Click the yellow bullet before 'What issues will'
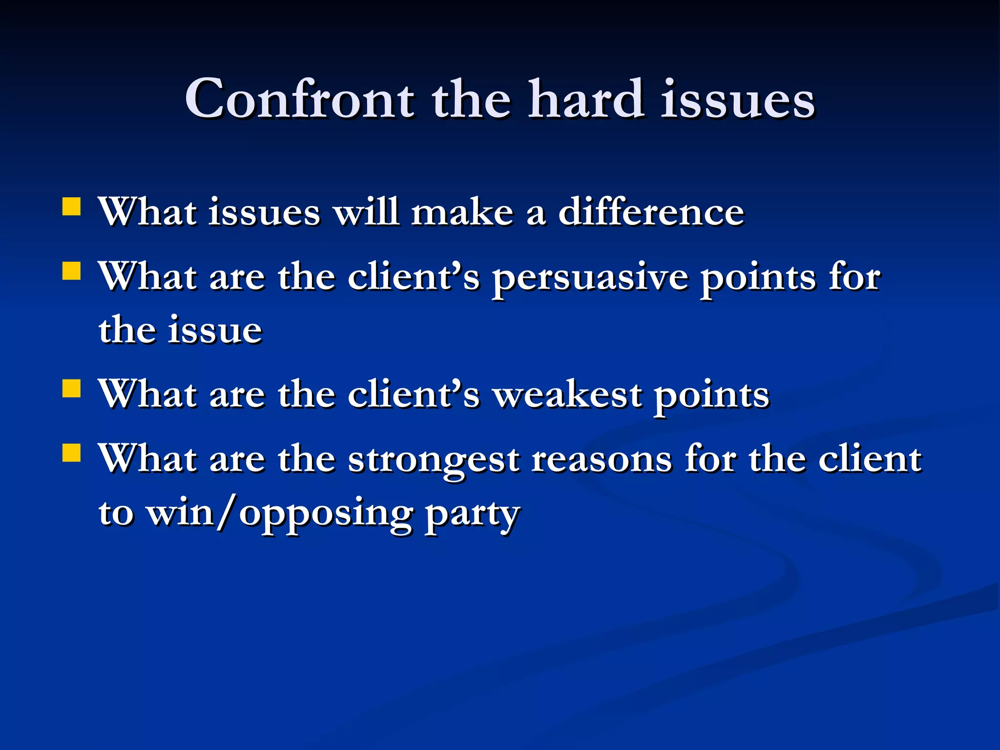tap(71, 207)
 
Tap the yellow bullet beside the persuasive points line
tap(71, 271)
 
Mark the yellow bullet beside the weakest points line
tap(71, 389)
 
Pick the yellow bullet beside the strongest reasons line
tap(71, 453)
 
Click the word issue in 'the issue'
tap(215, 330)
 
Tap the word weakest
tap(566, 395)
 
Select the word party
tap(472, 516)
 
